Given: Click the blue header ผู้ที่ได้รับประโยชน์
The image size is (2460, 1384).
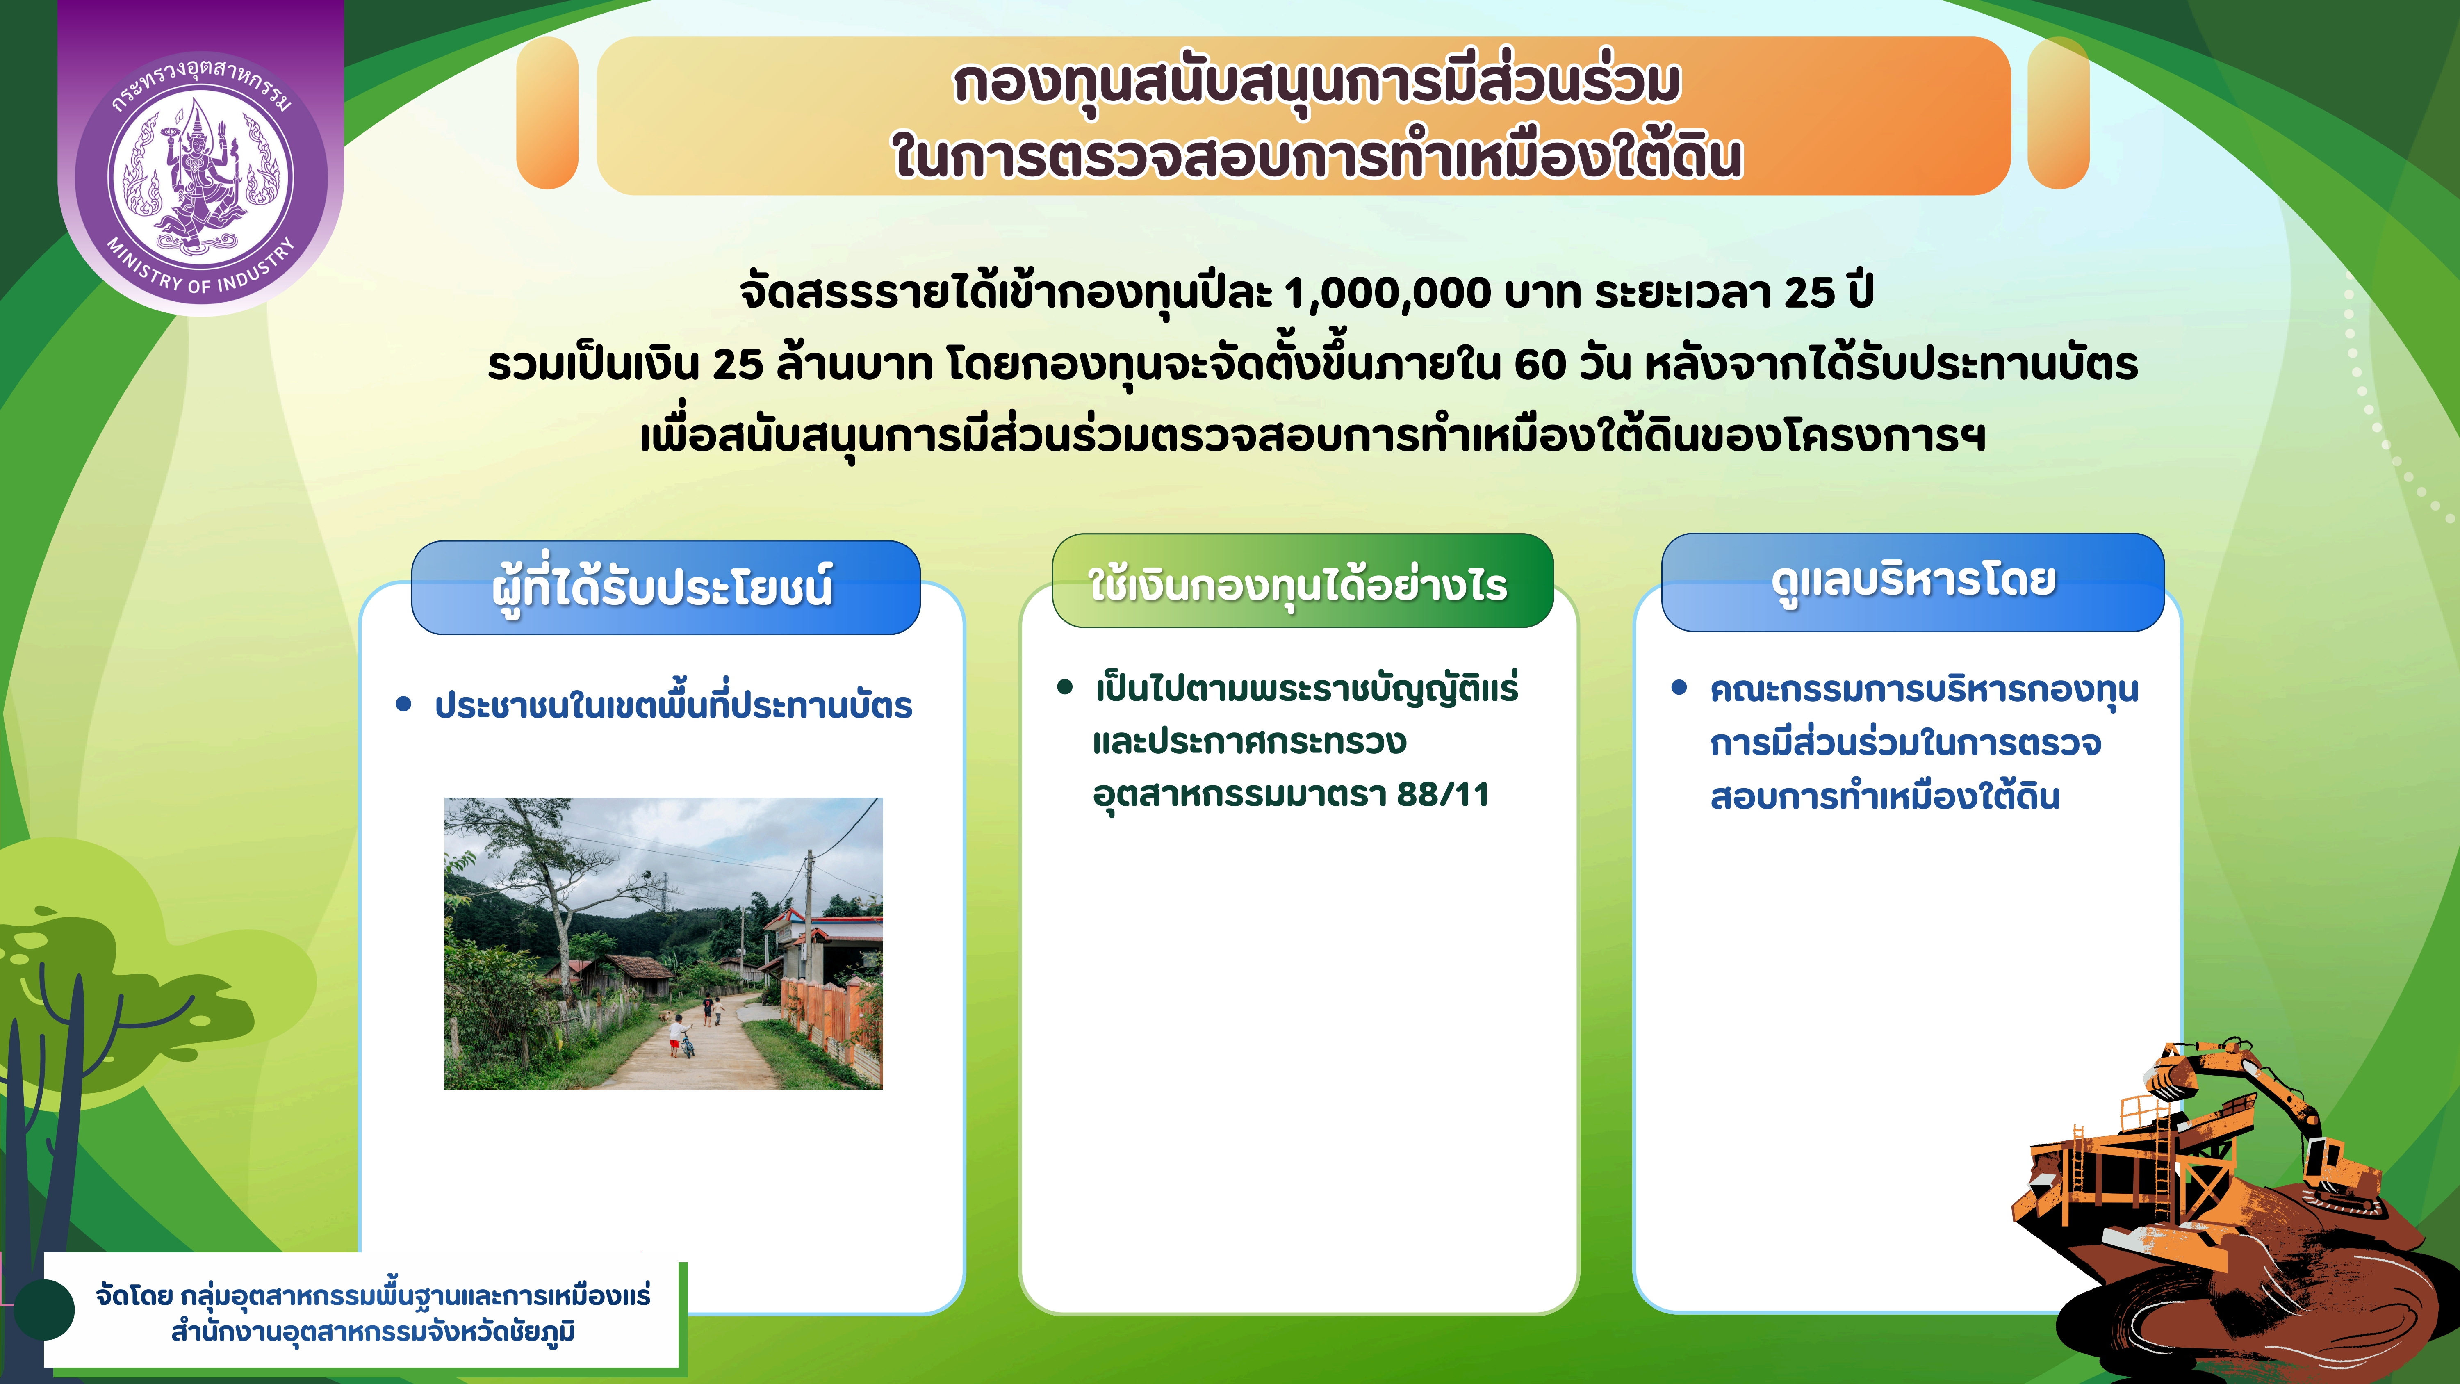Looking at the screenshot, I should (x=665, y=586).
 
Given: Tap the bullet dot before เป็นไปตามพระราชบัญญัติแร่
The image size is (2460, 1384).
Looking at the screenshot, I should (x=1065, y=688).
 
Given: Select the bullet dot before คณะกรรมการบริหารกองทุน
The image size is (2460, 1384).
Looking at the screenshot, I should (x=1679, y=688).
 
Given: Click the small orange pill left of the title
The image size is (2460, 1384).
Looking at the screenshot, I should (x=547, y=113).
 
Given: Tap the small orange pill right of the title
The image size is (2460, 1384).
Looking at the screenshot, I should (x=2058, y=113).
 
